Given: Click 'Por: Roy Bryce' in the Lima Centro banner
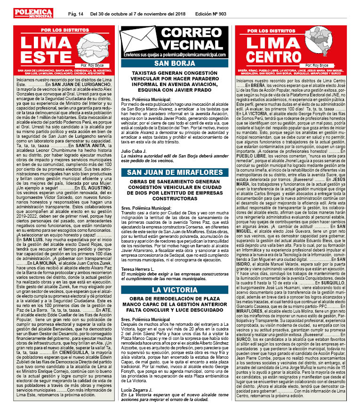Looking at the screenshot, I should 320,66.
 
